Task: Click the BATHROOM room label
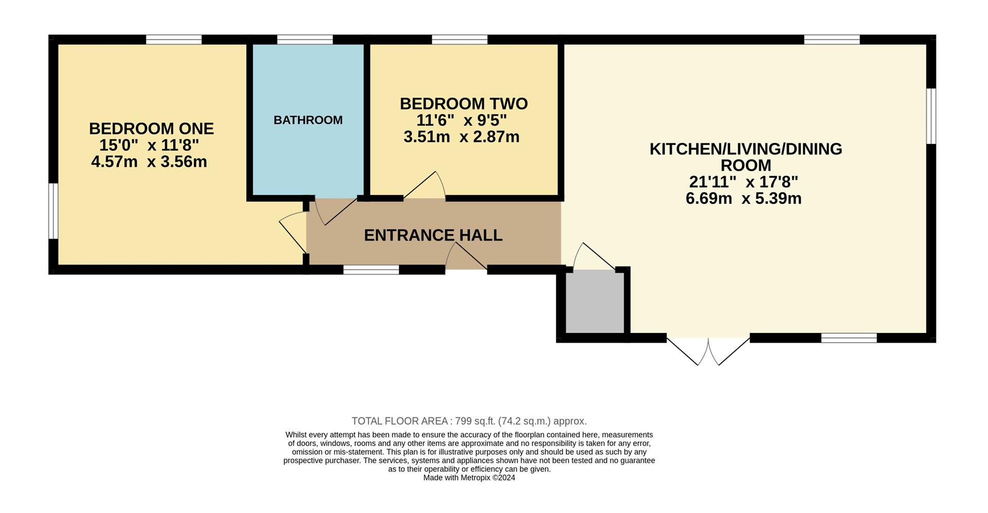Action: (x=308, y=120)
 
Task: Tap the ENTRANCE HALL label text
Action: (x=433, y=235)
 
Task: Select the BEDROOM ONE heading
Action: (x=151, y=128)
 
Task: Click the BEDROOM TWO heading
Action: (x=464, y=103)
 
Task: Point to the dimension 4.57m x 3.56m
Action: (x=149, y=162)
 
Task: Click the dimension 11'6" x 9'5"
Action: (x=461, y=120)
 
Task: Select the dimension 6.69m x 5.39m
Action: (x=744, y=198)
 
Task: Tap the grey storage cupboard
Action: (x=595, y=303)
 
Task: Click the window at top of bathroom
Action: (x=305, y=40)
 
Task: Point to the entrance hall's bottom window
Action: (x=371, y=270)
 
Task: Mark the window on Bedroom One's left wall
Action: (x=53, y=211)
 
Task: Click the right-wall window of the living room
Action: (x=931, y=116)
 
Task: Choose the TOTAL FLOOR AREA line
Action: (x=469, y=421)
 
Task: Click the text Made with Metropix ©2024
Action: (x=469, y=477)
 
